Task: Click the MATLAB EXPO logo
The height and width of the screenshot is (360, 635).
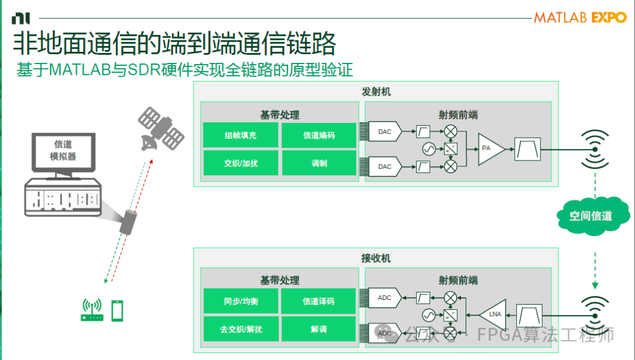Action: point(580,18)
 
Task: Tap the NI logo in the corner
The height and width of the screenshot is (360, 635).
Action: point(20,18)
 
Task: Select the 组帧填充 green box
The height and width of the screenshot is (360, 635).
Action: point(240,135)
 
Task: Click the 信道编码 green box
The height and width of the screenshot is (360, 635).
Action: point(319,135)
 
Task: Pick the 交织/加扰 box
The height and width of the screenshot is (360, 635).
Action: point(240,163)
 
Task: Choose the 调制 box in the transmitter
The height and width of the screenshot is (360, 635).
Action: point(319,163)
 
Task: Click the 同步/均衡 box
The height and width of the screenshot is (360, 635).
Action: point(240,301)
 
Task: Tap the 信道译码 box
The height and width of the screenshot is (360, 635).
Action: point(319,301)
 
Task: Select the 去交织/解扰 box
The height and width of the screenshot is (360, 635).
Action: point(240,329)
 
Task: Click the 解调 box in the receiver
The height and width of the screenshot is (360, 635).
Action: point(319,329)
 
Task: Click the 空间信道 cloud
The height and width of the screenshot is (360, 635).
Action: point(590,216)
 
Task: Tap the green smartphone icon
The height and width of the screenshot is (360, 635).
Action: point(118,310)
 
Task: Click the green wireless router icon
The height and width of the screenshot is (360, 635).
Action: point(92,310)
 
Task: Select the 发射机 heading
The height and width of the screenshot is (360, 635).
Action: point(376,92)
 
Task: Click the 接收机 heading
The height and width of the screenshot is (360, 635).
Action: point(376,258)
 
